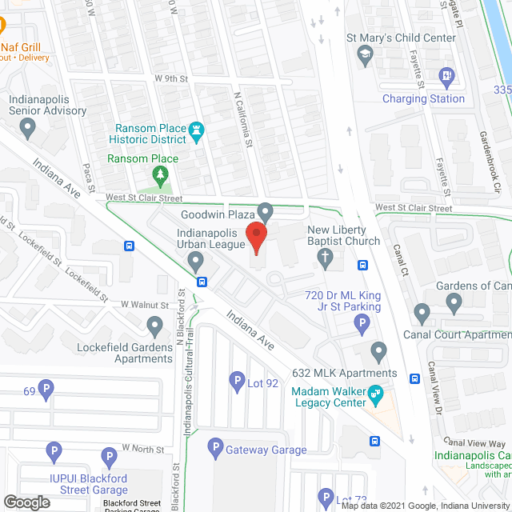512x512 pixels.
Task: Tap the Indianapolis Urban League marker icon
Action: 195,261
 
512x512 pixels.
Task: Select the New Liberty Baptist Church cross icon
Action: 325,258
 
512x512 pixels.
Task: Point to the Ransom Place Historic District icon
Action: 196,130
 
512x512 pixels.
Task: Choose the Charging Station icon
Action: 446,78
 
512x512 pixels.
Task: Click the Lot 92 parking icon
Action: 237,382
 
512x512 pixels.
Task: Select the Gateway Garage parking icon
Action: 215,449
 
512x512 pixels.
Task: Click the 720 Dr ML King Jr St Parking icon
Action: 362,324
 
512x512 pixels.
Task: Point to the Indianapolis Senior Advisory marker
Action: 29,126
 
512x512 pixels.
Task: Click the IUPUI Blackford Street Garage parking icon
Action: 54,452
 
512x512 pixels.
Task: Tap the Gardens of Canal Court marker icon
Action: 454,303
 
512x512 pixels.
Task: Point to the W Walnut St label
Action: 145,305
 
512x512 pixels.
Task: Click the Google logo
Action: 26,502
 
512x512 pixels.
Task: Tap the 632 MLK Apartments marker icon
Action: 379,351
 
